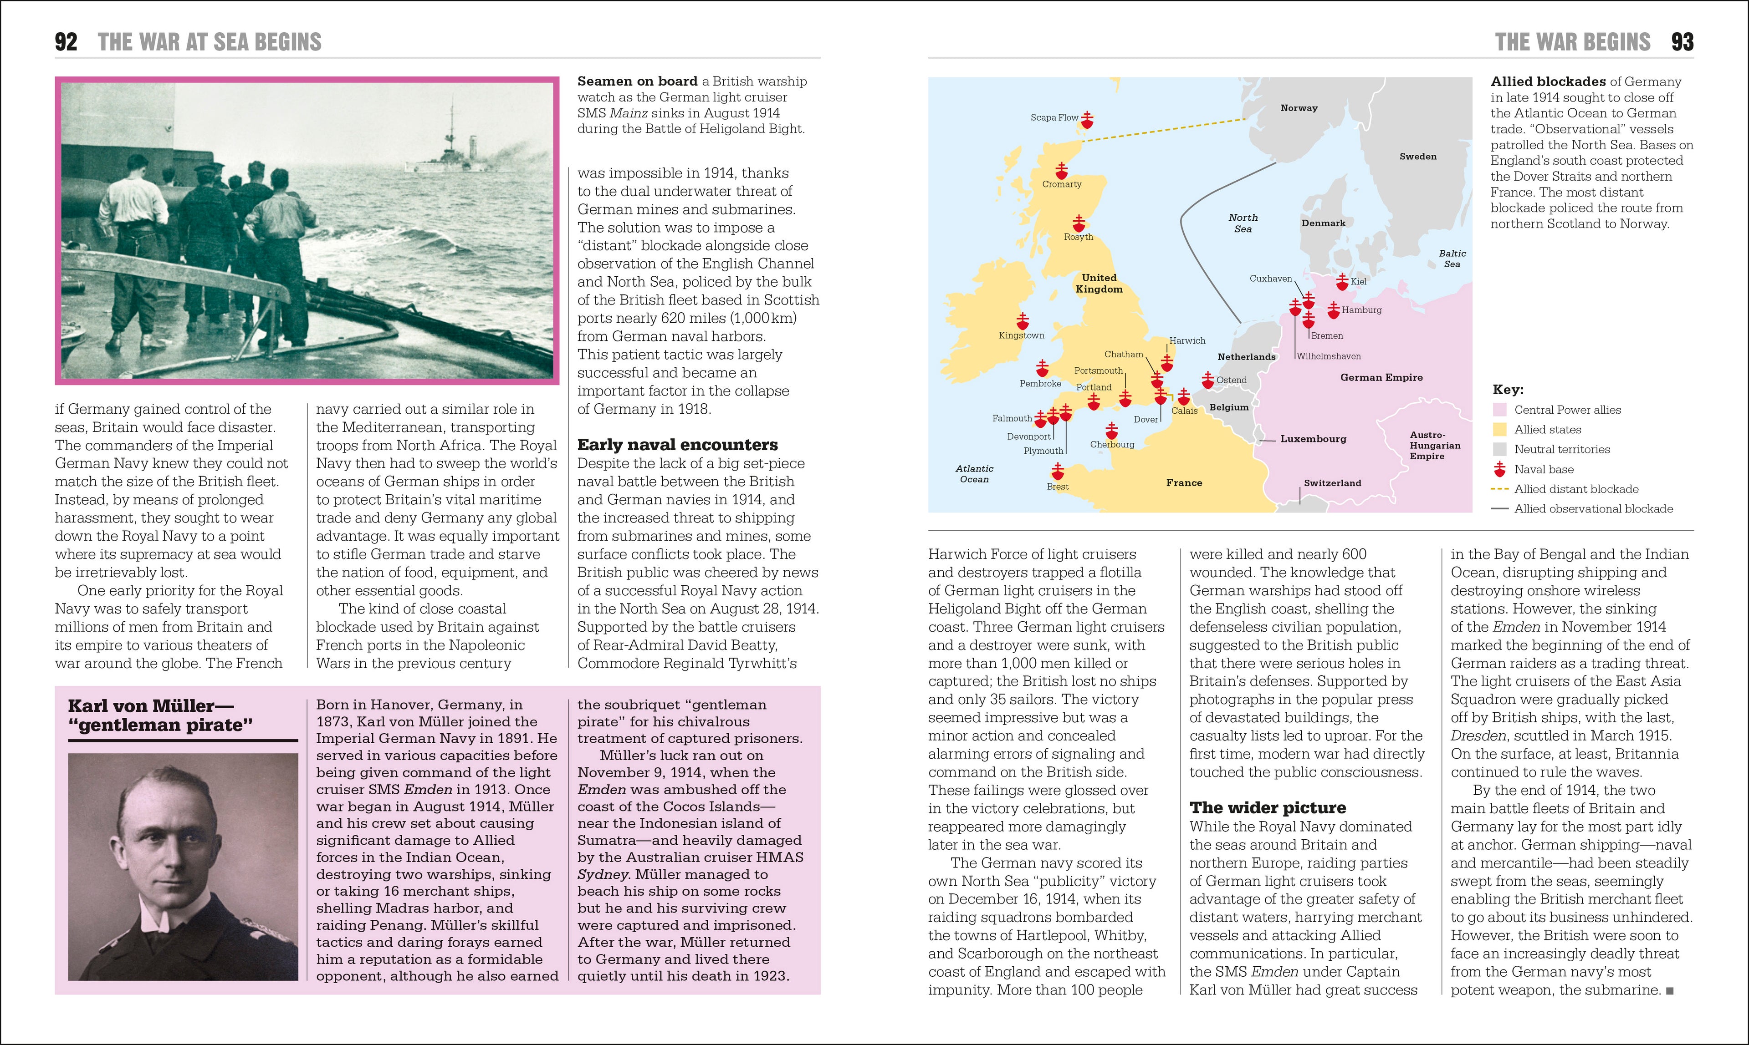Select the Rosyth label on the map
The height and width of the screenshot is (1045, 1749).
pyautogui.click(x=1078, y=237)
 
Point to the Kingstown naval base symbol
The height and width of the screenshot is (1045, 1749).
pyautogui.click(x=1023, y=321)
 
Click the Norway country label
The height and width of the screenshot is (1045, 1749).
pyautogui.click(x=1298, y=108)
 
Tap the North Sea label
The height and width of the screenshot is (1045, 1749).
pyautogui.click(x=1243, y=223)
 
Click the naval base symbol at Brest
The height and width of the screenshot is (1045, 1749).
pyautogui.click(x=1057, y=471)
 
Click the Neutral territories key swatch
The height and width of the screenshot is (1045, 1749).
pyautogui.click(x=1500, y=449)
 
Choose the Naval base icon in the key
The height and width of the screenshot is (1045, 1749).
pyautogui.click(x=1500, y=469)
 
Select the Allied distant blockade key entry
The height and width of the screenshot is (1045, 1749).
pyautogui.click(x=1575, y=489)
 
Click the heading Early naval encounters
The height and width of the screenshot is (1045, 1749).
pyautogui.click(x=677, y=444)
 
